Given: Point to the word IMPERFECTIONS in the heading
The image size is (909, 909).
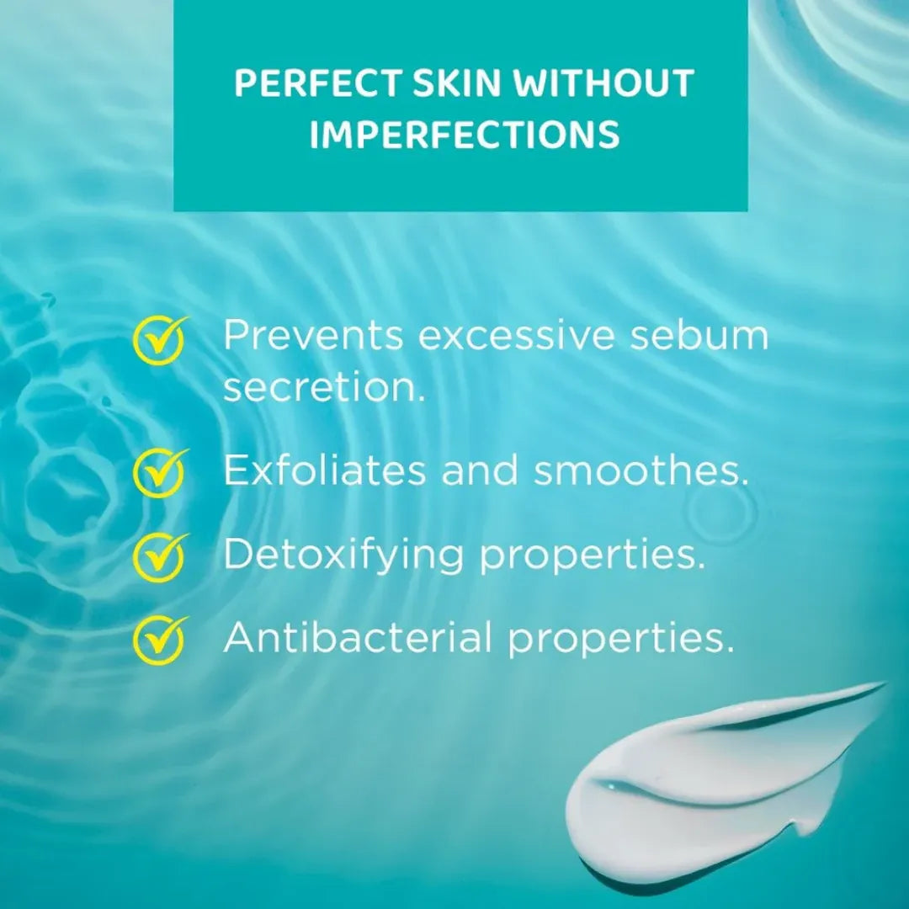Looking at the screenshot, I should pyautogui.click(x=464, y=135).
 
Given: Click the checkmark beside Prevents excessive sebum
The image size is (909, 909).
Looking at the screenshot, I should pyautogui.click(x=160, y=340).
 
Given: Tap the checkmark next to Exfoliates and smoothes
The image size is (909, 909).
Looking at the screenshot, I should pyautogui.click(x=160, y=472).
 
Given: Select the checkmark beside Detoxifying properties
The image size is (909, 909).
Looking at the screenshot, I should pyautogui.click(x=160, y=555).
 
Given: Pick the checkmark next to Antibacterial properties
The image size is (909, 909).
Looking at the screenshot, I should pyautogui.click(x=160, y=639).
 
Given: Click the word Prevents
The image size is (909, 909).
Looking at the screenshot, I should pyautogui.click(x=313, y=336).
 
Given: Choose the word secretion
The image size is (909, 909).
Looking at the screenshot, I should pyautogui.click(x=324, y=388).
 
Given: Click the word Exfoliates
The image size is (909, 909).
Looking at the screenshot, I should pyautogui.click(x=324, y=470).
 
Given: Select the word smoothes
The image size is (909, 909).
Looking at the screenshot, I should pyautogui.click(x=641, y=470).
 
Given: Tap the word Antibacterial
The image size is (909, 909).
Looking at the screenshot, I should pyautogui.click(x=358, y=639).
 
